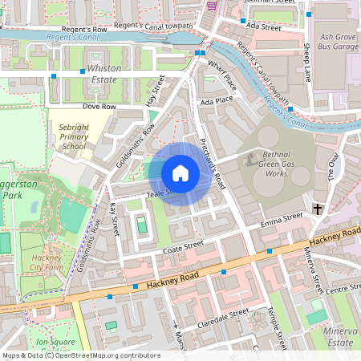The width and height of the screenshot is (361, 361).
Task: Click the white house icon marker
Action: [x=180, y=172]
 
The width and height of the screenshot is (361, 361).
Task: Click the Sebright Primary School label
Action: [x=73, y=136]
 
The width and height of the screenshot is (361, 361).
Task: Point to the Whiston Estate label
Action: [x=104, y=74]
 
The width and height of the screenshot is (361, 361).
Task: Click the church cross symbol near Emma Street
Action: [x=318, y=209]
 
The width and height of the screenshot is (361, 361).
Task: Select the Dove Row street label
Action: [x=99, y=106]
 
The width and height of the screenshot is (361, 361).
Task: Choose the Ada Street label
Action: [x=264, y=27]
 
